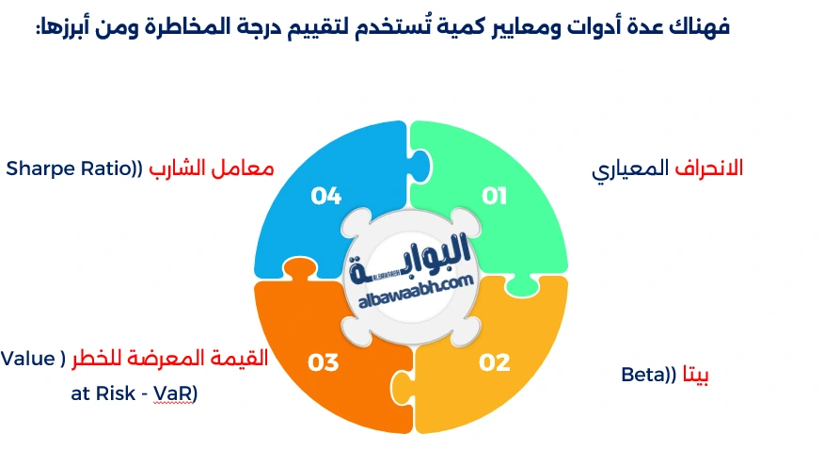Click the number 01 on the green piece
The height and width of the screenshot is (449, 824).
(x=495, y=196)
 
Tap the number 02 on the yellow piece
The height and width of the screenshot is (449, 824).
(x=495, y=361)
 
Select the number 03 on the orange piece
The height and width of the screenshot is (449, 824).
(x=323, y=361)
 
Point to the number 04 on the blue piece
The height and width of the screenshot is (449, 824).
(x=325, y=196)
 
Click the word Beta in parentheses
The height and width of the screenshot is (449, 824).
(x=643, y=375)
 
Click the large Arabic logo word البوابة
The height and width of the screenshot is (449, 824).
(x=412, y=262)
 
